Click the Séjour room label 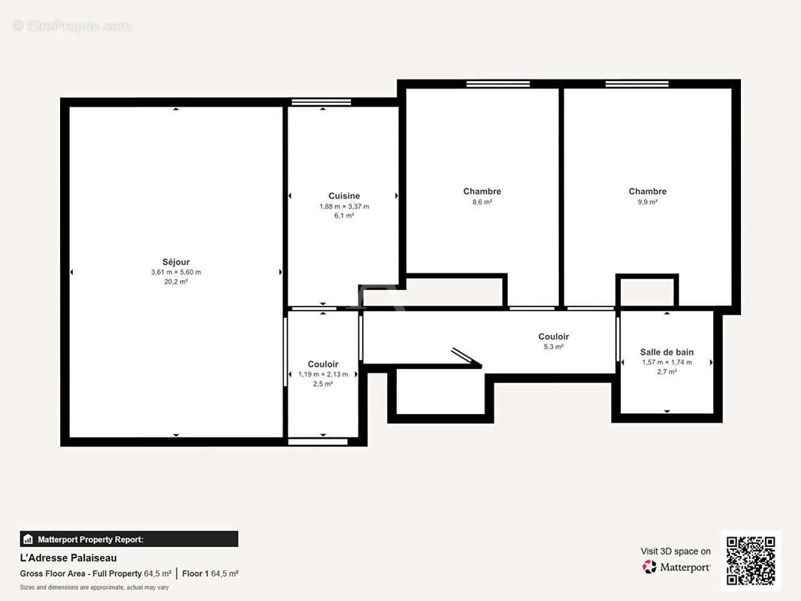click(x=176, y=262)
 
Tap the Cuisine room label click(x=343, y=196)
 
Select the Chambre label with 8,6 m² click(x=482, y=192)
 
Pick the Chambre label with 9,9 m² click(x=647, y=192)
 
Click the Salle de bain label click(x=666, y=352)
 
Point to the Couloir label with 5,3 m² click(x=553, y=337)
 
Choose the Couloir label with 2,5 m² click(x=323, y=364)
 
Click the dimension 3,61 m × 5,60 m click(x=176, y=272)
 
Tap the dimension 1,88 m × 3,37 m click(x=344, y=206)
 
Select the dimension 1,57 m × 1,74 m click(x=666, y=362)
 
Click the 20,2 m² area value click(x=176, y=282)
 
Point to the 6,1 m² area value click(x=344, y=216)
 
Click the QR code click(x=751, y=560)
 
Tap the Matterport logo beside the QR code click(x=676, y=567)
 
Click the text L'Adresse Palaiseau click(x=68, y=558)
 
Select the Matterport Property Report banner click(x=128, y=539)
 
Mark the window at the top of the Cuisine click(x=321, y=101)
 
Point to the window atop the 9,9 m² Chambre click(x=636, y=83)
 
